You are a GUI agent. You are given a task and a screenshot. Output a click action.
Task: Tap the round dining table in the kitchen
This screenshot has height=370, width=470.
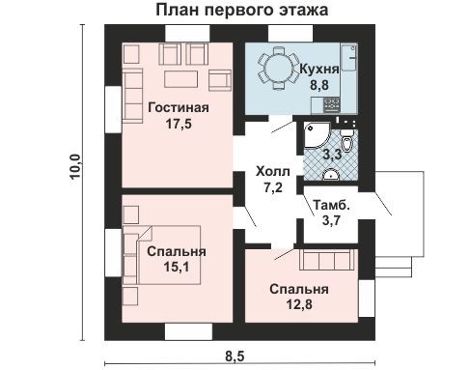coord(277,70)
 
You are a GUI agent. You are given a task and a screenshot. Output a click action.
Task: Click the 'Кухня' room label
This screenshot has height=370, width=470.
coord(318,69)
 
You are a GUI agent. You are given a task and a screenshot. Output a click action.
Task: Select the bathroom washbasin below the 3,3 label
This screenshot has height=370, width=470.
coord(331,175)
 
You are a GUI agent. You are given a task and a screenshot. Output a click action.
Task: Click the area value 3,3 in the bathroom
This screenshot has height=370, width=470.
coord(331,154)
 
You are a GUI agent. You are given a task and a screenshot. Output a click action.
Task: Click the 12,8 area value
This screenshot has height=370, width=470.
coord(298,305)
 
